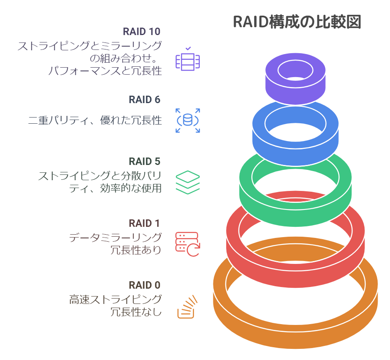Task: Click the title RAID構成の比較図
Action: tap(297, 21)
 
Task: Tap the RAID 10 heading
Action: tap(142, 31)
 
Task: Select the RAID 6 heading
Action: tap(144, 99)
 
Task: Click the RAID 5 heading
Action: tap(144, 161)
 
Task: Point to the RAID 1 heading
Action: tap(144, 224)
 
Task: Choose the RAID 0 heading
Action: tap(144, 285)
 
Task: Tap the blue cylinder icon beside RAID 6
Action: tap(188, 120)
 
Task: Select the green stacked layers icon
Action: tap(188, 182)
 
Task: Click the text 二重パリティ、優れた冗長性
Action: tap(95, 120)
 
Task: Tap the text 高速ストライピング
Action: tap(115, 300)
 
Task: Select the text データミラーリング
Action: tap(115, 238)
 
